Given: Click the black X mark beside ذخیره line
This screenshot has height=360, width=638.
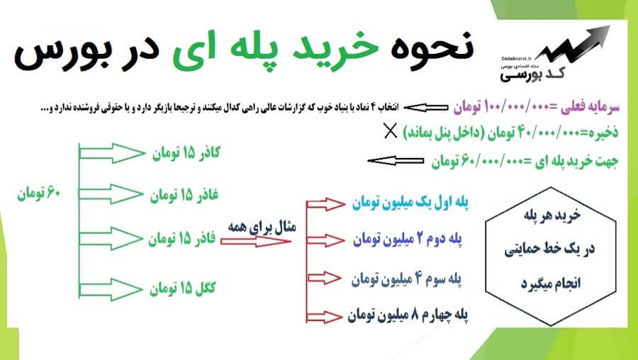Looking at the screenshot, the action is pos(390,131).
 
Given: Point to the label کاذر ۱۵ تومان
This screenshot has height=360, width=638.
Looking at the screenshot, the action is pos(186,153).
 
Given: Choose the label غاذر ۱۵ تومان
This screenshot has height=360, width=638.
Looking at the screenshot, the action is pos(184,196).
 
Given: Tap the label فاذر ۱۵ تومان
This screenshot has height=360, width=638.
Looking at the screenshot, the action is pos(182,238).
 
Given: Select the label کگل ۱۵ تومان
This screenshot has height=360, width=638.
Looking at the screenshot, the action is pos(182,288).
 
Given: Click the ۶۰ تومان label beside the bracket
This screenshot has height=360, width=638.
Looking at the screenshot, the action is pos(38,193).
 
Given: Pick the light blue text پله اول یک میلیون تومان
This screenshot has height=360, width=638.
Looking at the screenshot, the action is pos(410,203).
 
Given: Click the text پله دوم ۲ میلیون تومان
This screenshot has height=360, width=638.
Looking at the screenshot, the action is pos(408,240).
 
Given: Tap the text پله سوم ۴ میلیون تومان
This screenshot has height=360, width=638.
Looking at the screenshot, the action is pos(406,279).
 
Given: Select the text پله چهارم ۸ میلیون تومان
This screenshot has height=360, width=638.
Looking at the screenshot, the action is pos(408,315).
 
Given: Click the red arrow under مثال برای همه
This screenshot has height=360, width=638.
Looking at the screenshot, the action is pos(255,242).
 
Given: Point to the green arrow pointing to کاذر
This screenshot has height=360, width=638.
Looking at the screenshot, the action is pos(112,153).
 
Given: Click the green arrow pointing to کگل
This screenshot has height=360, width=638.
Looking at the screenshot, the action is pos(111,290).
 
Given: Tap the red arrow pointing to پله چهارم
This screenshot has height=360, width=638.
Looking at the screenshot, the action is pos(324,317).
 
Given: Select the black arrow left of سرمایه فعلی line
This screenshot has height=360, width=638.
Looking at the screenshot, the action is pos(425,108).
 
